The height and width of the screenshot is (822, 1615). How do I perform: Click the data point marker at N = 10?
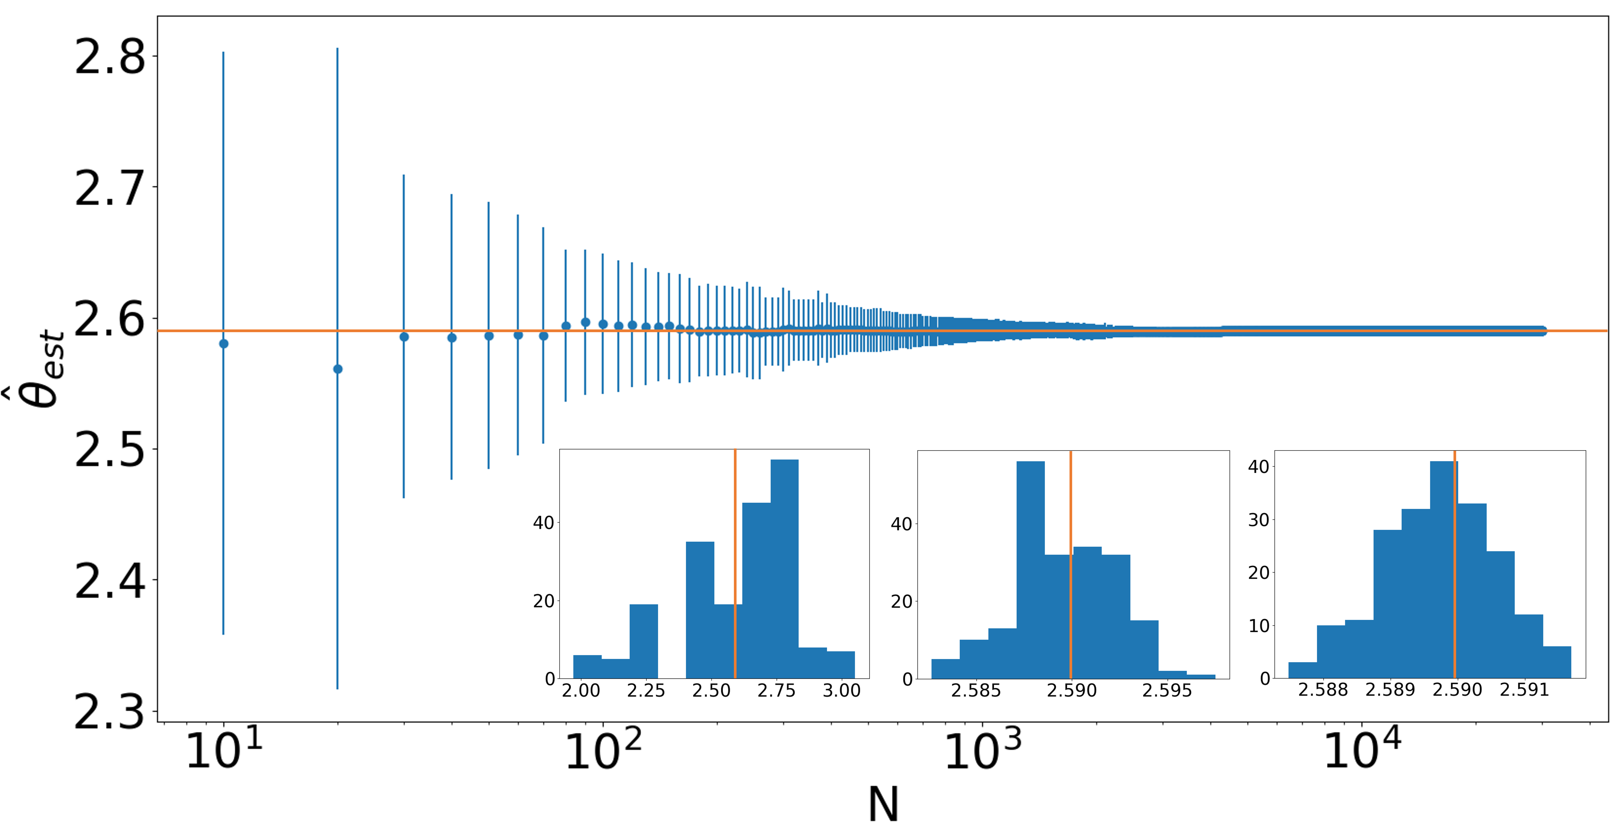[224, 344]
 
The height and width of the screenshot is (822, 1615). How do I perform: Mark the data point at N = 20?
[337, 369]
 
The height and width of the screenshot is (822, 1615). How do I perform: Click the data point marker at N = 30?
[404, 337]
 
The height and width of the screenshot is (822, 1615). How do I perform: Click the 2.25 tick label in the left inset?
[646, 690]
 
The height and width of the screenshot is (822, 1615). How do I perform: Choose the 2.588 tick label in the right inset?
[1323, 690]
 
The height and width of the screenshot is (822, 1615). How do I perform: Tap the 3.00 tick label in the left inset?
[841, 690]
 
